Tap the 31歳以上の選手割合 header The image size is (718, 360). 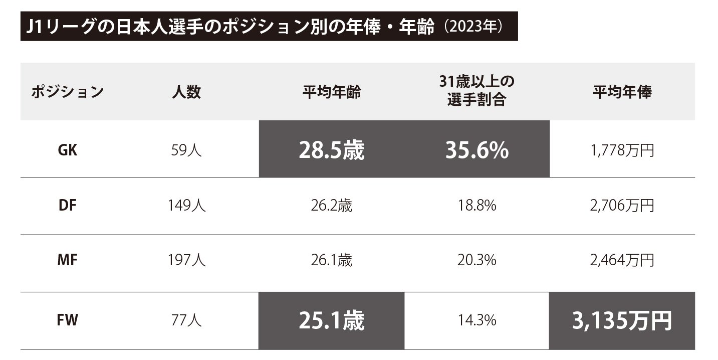[476, 92]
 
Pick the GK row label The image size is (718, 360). [67, 150]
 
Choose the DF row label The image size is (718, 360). [67, 206]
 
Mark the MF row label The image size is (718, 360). [67, 261]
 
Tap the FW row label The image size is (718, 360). [67, 320]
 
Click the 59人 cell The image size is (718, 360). [186, 150]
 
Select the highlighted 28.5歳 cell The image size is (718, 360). [331, 150]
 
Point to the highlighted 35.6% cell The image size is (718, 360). [476, 150]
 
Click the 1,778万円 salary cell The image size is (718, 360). [623, 150]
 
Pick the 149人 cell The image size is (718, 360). [186, 206]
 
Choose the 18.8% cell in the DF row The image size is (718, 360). [476, 206]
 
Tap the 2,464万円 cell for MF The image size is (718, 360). [623, 261]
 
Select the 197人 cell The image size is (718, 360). [186, 261]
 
